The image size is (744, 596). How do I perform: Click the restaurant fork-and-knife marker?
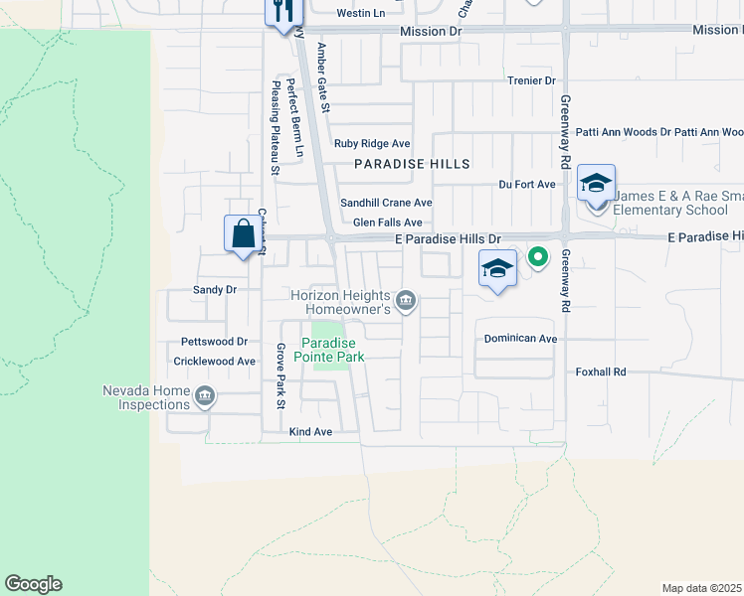(x=281, y=10)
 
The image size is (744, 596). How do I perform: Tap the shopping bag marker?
(x=243, y=235)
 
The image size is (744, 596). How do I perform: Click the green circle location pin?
(x=538, y=257)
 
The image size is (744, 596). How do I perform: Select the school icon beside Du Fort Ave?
(x=596, y=184)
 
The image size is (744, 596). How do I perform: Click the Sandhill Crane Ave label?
(x=386, y=203)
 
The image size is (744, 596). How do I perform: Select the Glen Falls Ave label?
(x=388, y=223)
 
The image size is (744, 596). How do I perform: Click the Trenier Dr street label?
(x=531, y=80)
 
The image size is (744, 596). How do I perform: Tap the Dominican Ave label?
(x=520, y=339)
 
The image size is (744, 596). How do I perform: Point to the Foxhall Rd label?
(x=601, y=372)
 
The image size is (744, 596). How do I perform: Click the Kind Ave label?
(x=309, y=432)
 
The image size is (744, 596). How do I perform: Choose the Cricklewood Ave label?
(x=215, y=362)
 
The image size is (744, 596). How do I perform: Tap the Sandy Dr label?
(x=214, y=290)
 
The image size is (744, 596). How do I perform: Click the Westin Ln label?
(x=360, y=13)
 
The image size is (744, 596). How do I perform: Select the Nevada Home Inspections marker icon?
(x=205, y=396)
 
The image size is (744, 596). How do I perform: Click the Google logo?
(x=33, y=584)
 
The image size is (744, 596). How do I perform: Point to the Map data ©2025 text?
(x=701, y=588)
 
